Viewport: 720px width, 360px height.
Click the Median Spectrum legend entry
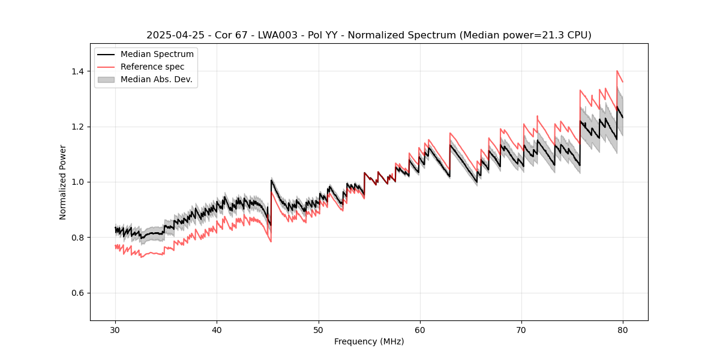pyautogui.click(x=157, y=55)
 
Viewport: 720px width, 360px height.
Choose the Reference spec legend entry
pyautogui.click(x=152, y=67)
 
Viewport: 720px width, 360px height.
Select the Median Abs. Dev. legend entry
pyautogui.click(x=156, y=79)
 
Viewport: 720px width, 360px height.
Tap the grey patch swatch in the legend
pyautogui.click(x=107, y=79)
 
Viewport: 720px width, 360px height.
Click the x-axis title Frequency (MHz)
pyautogui.click(x=369, y=341)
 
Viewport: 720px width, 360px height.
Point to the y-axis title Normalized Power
pyautogui.click(x=63, y=182)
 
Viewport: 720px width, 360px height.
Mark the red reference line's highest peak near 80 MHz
pyautogui.click(x=617, y=71)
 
